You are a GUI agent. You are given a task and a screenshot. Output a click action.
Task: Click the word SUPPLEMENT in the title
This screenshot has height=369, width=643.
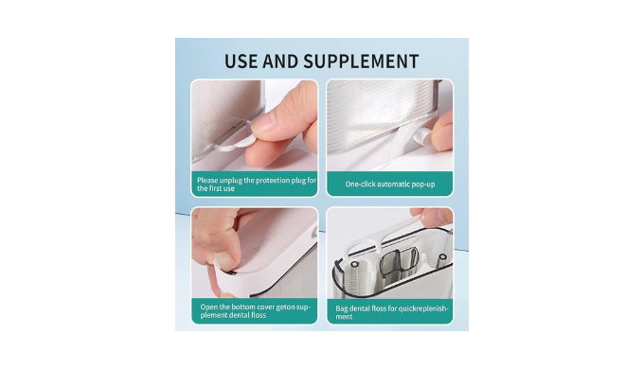(361, 61)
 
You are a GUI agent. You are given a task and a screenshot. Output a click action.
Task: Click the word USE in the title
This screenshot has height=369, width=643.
(241, 61)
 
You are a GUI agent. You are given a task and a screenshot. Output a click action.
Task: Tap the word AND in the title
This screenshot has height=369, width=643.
(280, 61)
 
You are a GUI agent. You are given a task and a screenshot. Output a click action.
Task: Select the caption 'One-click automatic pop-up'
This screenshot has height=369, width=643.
(389, 184)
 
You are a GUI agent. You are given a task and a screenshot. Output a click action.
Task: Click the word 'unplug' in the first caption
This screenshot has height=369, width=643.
(231, 181)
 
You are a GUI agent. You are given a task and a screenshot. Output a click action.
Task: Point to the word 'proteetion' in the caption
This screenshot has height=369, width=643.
(273, 181)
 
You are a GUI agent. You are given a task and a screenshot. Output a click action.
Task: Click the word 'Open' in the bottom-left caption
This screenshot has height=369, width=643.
(209, 307)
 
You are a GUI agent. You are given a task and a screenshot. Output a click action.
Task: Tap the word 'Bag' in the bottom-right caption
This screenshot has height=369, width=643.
(342, 308)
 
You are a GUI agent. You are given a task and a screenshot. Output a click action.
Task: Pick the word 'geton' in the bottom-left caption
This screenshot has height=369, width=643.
(285, 307)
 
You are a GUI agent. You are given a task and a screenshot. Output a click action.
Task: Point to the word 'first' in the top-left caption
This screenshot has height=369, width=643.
(216, 189)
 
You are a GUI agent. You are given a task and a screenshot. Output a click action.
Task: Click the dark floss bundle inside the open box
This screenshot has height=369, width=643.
(399, 263)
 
